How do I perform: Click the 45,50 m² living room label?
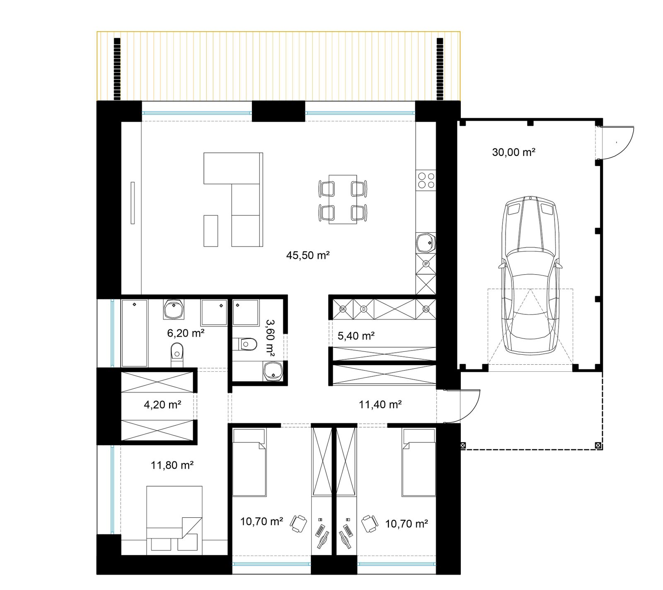click(308, 255)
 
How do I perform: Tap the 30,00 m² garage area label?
click(513, 152)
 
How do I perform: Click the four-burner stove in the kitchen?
click(426, 180)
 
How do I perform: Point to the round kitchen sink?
click(426, 243)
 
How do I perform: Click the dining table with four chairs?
click(343, 200)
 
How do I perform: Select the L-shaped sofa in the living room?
click(233, 200)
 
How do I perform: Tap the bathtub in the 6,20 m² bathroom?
click(135, 333)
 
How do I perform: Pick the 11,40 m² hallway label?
click(380, 405)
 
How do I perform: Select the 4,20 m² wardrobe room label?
click(162, 405)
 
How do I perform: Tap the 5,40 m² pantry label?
click(356, 336)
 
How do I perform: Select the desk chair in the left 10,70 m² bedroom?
click(298, 523)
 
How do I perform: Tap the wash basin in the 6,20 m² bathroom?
click(174, 310)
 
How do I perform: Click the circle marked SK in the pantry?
click(343, 309)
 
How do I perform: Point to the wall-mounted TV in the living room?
click(133, 203)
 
